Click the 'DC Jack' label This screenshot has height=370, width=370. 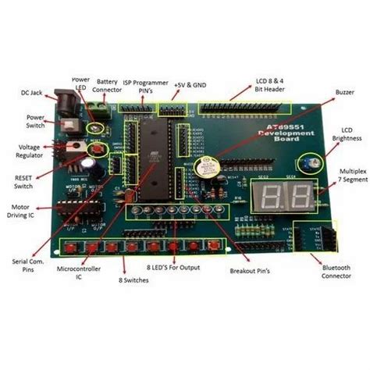click(30, 92)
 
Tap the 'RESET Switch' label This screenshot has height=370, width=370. click(24, 181)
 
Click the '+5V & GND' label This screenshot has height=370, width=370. click(190, 83)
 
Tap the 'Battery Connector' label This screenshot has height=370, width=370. click(108, 85)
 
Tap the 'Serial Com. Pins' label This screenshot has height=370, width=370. click(23, 266)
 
